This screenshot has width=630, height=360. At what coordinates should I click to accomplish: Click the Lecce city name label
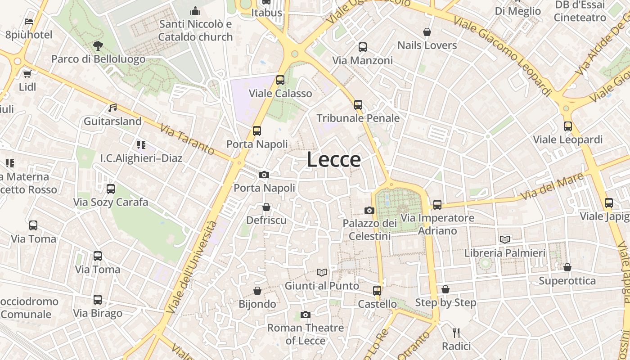tap(333, 160)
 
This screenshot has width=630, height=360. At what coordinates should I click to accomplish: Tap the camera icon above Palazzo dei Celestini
tap(369, 210)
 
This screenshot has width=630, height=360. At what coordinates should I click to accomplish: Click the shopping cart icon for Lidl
tap(27, 73)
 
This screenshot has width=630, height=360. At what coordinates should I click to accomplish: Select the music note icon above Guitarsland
tap(112, 108)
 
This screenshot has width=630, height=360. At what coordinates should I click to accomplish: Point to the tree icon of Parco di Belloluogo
tap(98, 45)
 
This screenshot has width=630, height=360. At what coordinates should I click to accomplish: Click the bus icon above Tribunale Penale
tap(358, 105)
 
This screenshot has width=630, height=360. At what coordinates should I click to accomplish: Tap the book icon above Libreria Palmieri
tap(505, 239)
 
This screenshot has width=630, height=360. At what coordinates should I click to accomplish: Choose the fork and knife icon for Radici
tap(456, 333)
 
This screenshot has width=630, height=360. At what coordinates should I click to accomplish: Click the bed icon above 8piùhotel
tap(29, 21)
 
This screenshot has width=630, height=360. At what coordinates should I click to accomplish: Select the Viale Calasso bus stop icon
tap(280, 80)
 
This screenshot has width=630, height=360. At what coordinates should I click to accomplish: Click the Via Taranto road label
tap(187, 139)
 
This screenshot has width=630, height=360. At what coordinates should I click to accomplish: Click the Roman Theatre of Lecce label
tap(306, 334)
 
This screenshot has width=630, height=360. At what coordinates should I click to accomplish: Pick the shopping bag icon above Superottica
tap(567, 267)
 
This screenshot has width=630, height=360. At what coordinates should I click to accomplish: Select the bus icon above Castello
tap(377, 291)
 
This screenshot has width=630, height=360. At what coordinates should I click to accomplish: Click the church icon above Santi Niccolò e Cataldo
tap(195, 10)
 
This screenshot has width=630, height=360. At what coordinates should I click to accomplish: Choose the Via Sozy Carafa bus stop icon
tap(111, 189)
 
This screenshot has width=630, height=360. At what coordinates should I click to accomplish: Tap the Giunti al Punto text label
tap(322, 286)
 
